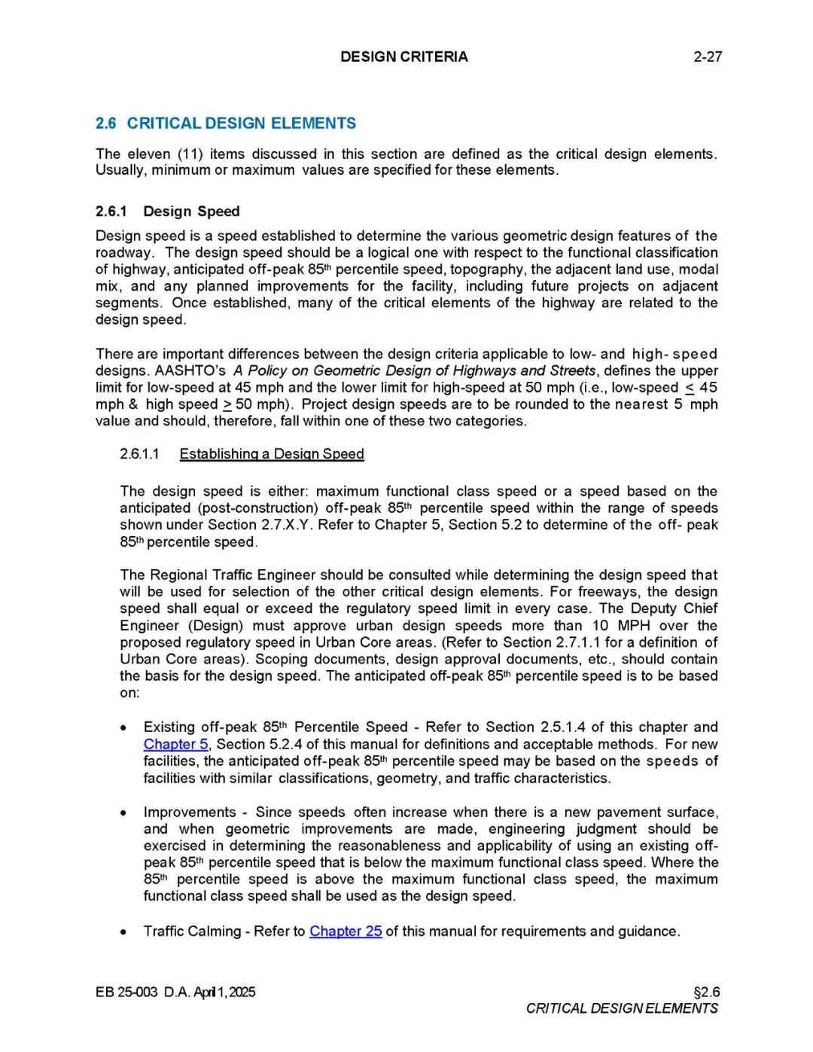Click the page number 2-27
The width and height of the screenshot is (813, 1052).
[707, 56]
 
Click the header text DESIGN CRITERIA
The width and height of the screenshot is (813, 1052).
[403, 56]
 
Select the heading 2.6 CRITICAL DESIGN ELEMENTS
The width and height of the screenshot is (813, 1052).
[226, 123]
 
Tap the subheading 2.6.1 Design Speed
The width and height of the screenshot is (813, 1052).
[167, 212]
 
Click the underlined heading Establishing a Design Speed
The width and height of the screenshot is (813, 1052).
[272, 454]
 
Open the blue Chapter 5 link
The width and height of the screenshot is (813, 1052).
[175, 744]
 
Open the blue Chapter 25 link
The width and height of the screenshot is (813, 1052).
[346, 932]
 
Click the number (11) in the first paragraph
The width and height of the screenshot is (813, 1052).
[190, 154]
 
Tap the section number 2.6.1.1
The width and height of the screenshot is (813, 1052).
[139, 454]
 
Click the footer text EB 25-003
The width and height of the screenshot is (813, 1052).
[126, 992]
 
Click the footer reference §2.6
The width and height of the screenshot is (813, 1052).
[706, 992]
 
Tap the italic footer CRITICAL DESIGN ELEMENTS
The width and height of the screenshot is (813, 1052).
[622, 1008]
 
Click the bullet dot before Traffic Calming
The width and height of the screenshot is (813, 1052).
[123, 932]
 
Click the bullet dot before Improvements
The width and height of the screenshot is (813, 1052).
[123, 813]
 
